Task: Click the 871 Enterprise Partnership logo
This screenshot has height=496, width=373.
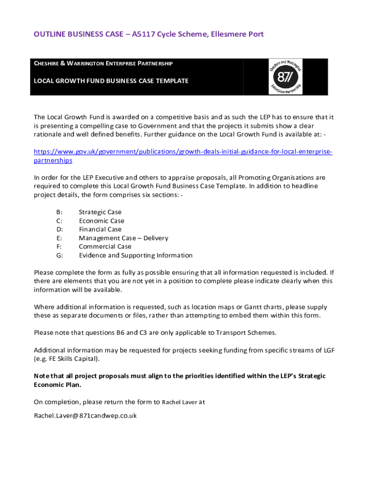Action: point(286,77)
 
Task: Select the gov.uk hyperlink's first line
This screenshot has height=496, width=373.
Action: point(183,152)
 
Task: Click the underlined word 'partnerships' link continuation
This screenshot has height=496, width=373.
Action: point(53,160)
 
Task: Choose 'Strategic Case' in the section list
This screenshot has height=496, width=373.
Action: point(100,212)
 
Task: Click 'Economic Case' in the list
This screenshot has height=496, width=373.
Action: point(102,221)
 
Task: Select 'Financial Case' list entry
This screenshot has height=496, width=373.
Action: point(100,230)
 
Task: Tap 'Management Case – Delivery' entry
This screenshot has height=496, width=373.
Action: point(124,238)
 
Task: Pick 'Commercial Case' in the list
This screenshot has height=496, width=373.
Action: point(105,247)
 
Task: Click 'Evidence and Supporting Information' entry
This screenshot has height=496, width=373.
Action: point(136,255)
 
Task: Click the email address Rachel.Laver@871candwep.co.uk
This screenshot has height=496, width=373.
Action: point(85,416)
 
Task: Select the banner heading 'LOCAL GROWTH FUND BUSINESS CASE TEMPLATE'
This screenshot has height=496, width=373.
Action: point(111,81)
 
